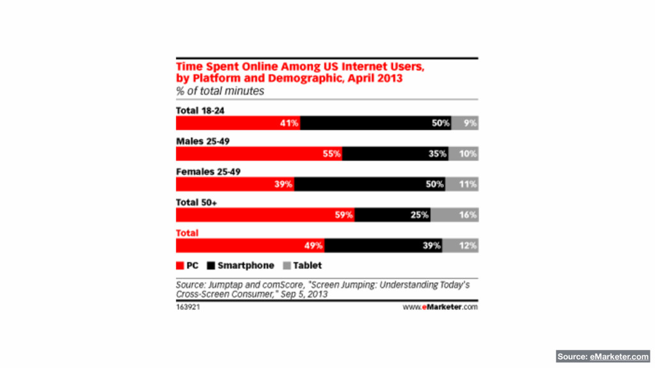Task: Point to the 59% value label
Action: point(343,215)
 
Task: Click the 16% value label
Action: point(468,215)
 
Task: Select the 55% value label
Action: point(331,154)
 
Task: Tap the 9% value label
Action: point(470,123)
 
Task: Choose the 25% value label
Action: point(420,215)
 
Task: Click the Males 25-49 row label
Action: point(202,141)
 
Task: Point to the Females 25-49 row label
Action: point(208,172)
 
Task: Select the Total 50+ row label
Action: point(198,203)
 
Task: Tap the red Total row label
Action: point(187,233)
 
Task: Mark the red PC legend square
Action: point(180,266)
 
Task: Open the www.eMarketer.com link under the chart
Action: point(440,307)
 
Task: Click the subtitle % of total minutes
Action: point(219,91)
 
